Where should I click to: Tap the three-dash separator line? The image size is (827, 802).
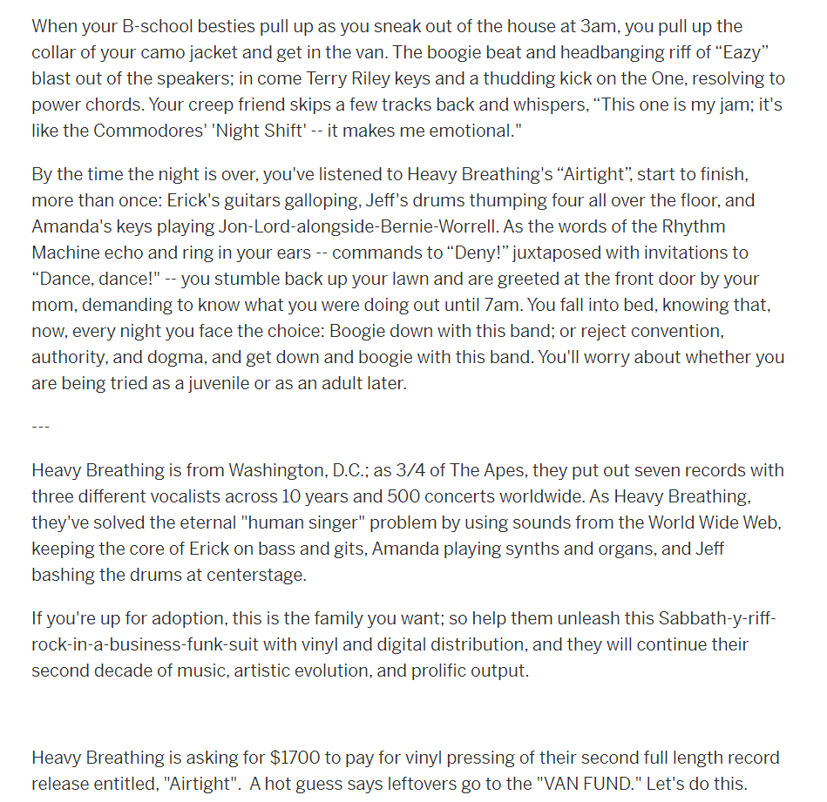(41, 427)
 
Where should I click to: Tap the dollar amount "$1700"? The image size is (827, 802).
(294, 758)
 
